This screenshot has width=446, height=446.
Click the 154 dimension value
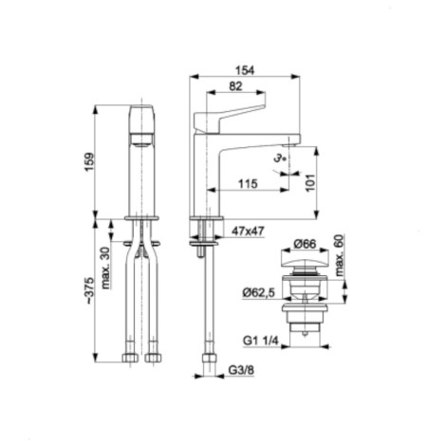tap(245, 70)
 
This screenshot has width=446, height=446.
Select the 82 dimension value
tap(235, 86)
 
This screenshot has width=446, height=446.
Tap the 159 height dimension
tap(89, 162)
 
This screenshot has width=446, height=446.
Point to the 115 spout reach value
tap(248, 183)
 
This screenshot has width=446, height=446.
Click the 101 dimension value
tap(310, 182)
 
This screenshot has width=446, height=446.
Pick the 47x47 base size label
tap(248, 231)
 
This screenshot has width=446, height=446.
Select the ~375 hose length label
tap(89, 291)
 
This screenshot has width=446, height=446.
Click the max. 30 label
tap(105, 268)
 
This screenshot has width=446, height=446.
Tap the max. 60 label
tap(339, 255)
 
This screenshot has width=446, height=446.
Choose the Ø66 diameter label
tap(305, 244)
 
